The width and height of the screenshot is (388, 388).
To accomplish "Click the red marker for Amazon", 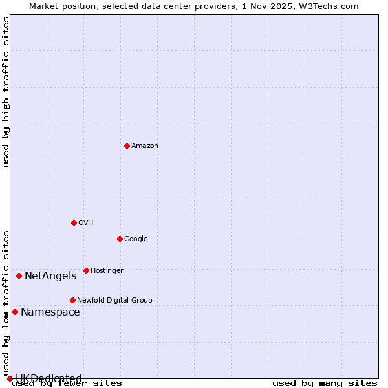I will point(127,145).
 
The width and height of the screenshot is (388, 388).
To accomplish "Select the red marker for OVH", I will point(74,222).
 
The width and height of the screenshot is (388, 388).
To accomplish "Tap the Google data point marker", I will point(120,239).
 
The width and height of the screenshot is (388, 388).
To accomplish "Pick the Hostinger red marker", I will point(86,270).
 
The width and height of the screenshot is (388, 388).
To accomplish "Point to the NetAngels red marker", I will point(19,275).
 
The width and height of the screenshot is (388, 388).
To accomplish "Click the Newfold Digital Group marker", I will point(72,300).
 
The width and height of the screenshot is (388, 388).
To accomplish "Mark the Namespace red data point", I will point(15,312).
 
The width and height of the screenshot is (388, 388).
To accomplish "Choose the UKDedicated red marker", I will point(10,378).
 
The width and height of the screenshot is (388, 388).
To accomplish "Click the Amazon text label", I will point(145,146).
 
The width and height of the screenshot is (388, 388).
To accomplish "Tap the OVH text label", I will point(86,223).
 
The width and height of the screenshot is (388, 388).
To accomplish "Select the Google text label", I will point(136,239).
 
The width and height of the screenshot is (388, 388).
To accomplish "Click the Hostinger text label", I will point(107,271).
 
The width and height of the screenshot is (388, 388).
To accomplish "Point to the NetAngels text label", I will point(50,276).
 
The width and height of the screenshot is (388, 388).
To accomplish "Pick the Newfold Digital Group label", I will point(114,301).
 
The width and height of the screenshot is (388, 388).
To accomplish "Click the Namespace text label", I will point(50,312).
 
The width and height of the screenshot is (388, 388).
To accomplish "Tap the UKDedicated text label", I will point(48,378).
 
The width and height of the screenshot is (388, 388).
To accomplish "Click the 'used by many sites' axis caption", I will point(325,383).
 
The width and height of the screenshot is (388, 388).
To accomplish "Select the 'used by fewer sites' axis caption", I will point(67,383).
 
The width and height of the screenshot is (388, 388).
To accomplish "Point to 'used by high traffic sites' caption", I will point(6,92).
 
